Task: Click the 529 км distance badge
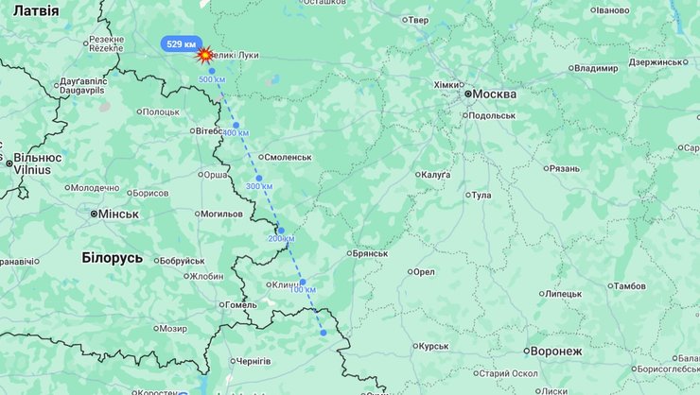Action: [181, 44]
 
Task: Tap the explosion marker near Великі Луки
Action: [203, 56]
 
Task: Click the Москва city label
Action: [494, 94]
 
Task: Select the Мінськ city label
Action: [118, 214]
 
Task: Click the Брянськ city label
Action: [368, 253]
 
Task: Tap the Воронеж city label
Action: [556, 351]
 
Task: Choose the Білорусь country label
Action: [112, 258]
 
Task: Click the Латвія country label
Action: [36, 10]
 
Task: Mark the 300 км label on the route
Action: [259, 186]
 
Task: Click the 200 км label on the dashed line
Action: [281, 238]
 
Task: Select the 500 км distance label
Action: [212, 79]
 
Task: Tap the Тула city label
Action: [481, 196]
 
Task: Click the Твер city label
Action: [417, 20]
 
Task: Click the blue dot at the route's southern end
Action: [323, 332]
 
